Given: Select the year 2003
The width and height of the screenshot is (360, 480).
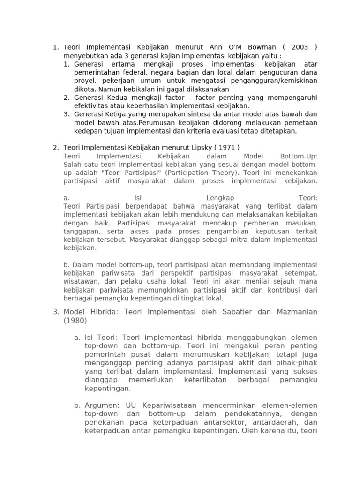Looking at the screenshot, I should (300, 47).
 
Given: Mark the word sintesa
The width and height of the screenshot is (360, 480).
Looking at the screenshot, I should (197, 114).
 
